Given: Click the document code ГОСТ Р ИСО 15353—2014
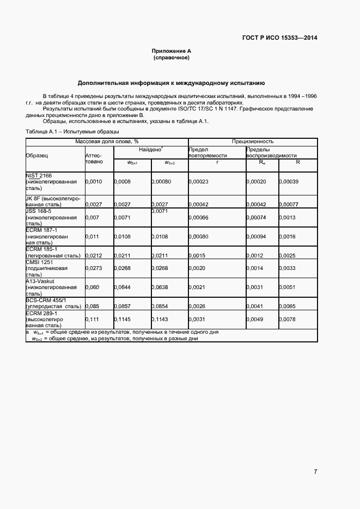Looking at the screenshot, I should (279, 38).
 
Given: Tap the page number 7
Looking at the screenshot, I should (315, 471).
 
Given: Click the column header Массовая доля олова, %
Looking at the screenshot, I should (107, 141).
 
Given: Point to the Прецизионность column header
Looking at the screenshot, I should (252, 141).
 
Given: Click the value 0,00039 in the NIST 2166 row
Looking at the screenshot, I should (289, 181).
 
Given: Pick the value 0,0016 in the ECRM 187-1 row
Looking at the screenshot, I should (288, 237).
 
